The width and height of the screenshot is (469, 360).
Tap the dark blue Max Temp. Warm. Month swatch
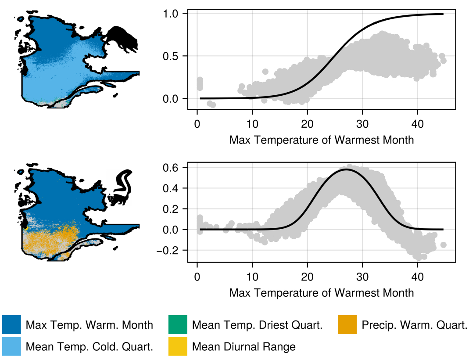coord(11,325)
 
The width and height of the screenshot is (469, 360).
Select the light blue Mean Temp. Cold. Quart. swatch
coord(11,346)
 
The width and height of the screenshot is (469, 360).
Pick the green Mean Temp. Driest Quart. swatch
coord(178,325)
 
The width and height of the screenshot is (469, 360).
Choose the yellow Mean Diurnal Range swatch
coord(178,346)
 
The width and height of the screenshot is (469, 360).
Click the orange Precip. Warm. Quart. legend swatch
coord(347,325)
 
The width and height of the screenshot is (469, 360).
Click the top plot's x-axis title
coord(322,140)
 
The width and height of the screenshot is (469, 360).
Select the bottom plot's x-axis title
coord(322,293)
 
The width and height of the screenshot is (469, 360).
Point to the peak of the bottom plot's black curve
coord(346,169)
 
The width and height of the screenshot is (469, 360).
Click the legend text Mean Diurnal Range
coord(244,347)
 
